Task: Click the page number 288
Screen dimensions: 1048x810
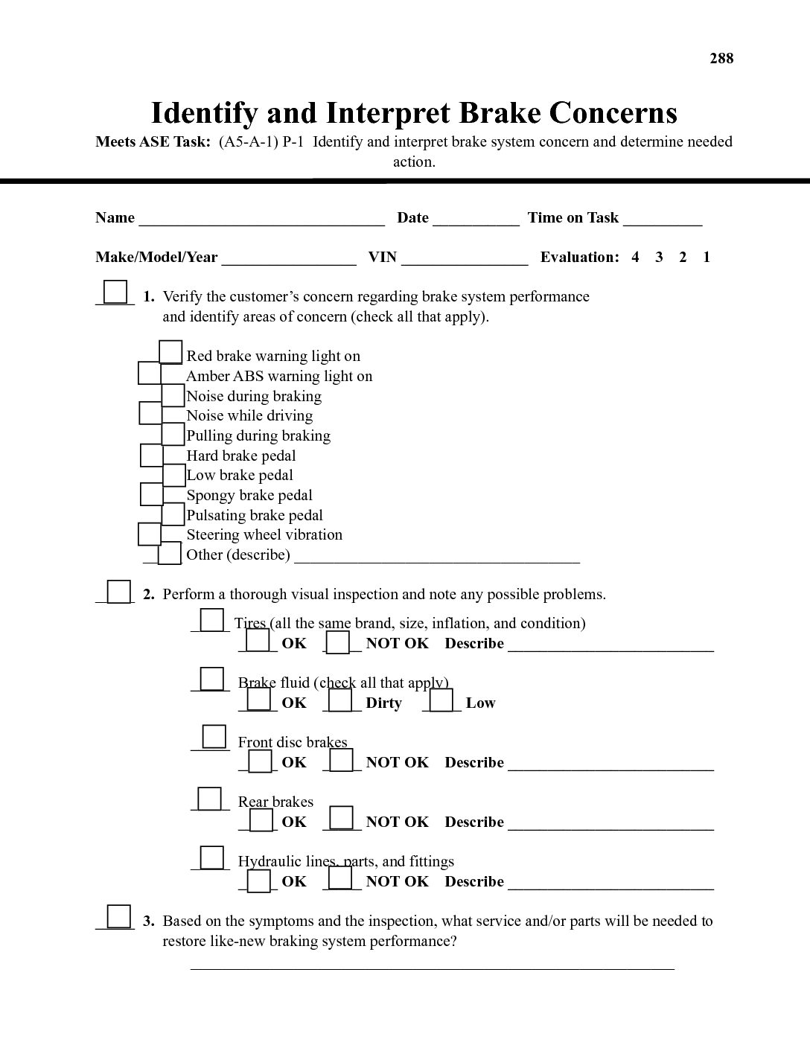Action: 721,59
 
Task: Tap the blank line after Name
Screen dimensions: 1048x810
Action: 261,219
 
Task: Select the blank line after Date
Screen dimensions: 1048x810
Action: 476,219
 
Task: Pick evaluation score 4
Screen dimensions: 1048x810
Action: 635,258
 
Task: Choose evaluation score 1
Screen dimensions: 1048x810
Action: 707,258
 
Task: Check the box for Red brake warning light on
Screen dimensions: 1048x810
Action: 170,351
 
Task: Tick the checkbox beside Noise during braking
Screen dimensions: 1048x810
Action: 173,395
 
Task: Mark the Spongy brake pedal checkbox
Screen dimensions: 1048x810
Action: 151,494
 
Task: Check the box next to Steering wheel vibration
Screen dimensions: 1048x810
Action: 150,534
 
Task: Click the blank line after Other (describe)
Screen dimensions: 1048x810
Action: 437,557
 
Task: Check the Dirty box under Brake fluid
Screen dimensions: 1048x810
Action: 340,700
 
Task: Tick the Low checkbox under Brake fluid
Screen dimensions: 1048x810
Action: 441,700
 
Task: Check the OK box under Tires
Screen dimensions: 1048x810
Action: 258,640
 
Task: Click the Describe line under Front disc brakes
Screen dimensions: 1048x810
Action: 610,765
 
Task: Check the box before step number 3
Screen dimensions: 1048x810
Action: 118,916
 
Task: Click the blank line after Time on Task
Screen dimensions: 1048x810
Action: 663,219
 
